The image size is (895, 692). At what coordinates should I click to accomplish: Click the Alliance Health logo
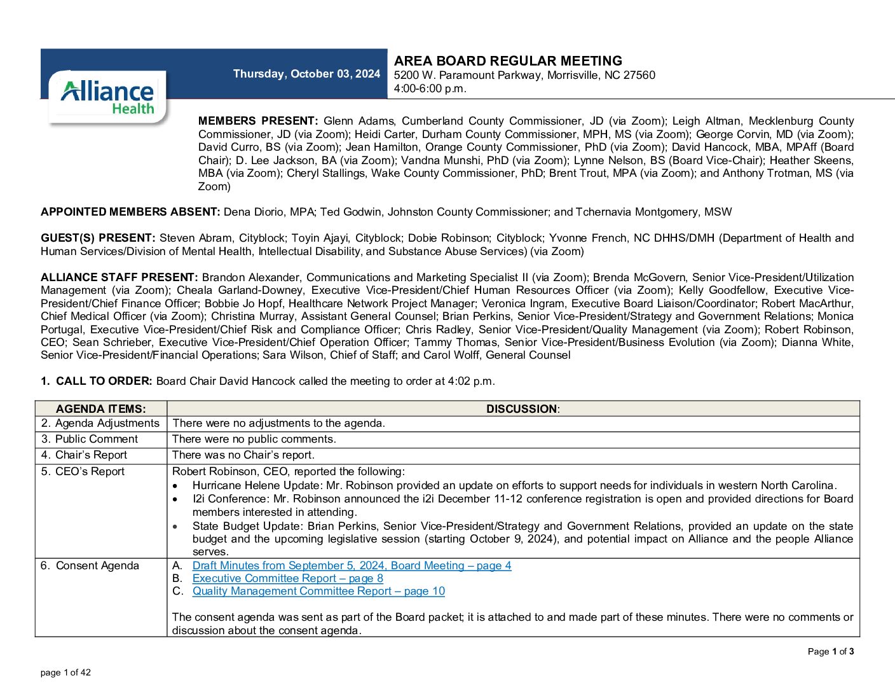(x=107, y=97)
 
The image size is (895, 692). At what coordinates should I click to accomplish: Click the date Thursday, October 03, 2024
(x=306, y=74)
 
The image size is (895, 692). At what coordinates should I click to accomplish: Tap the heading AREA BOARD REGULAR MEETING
(x=508, y=61)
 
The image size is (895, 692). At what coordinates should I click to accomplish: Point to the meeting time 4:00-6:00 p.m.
(x=430, y=88)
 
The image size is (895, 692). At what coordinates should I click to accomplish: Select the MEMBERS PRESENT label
(x=257, y=121)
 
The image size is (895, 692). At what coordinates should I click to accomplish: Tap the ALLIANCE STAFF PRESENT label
(x=120, y=277)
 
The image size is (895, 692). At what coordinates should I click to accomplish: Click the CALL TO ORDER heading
(x=104, y=381)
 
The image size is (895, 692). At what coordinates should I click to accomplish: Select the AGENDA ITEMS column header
(x=101, y=409)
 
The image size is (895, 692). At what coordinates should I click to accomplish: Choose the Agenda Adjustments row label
(x=100, y=424)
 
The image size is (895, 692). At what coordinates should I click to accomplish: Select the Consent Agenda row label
(x=90, y=565)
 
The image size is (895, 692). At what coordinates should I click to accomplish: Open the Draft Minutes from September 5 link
(x=352, y=565)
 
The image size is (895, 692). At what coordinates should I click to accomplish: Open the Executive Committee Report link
(x=287, y=578)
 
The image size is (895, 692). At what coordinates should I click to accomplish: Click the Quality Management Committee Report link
(x=318, y=591)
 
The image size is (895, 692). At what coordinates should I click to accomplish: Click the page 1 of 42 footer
(x=65, y=672)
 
